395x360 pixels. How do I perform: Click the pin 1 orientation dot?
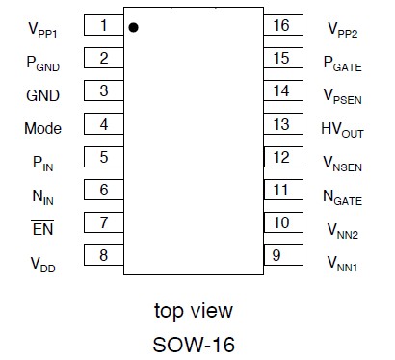(133, 27)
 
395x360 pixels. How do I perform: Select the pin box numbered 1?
(103, 26)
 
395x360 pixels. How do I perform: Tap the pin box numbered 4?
(103, 125)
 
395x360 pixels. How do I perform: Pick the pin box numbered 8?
(103, 255)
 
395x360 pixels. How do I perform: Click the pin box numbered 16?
(281, 26)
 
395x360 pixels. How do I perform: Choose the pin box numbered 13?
(281, 125)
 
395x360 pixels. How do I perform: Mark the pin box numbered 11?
(281, 190)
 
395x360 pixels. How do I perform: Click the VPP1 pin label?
(43, 29)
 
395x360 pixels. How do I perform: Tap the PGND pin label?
(43, 63)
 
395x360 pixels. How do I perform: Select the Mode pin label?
(42, 127)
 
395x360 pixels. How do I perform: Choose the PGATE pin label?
(343, 63)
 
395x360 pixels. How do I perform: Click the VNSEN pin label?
(343, 162)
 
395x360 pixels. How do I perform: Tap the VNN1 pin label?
(342, 262)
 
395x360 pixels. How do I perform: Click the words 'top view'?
(194, 311)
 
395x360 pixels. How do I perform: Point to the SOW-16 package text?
(193, 343)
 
